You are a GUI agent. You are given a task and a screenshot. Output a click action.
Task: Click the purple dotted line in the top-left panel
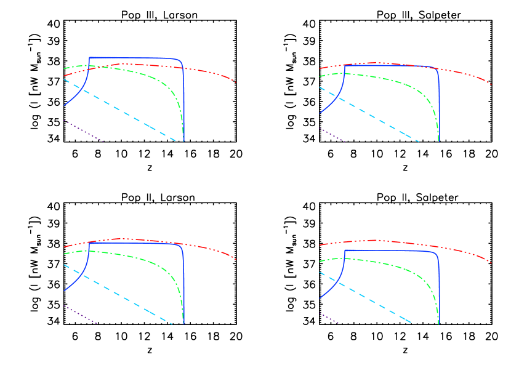click(83, 131)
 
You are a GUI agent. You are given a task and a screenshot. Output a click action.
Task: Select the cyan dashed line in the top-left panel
click(123, 111)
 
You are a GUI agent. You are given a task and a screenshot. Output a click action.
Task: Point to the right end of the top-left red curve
click(236, 82)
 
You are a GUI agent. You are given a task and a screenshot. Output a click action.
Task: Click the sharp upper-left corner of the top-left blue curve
click(90, 58)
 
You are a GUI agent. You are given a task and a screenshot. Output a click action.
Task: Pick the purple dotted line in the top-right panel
click(332, 135)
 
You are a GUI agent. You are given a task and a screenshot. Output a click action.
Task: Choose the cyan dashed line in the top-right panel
click(369, 114)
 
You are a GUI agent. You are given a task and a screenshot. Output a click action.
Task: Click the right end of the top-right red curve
click(491, 84)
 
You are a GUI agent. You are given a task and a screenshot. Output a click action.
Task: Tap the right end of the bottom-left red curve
click(236, 259)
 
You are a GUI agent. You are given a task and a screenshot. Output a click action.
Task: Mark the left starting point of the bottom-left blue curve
click(64, 291)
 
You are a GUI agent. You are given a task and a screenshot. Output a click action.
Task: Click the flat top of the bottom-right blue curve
click(388, 251)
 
